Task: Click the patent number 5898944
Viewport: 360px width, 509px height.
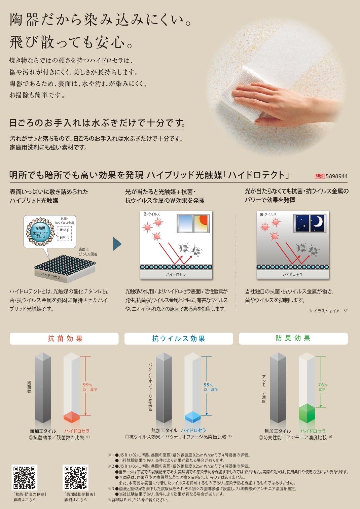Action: (336, 176)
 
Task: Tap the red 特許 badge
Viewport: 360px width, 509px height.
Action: (320, 176)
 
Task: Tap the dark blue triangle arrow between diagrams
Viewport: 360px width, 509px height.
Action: (117, 244)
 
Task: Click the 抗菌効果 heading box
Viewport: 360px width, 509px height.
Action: (64, 339)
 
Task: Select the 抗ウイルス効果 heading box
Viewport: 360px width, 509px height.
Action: (179, 339)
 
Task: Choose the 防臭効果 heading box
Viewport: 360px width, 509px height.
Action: (293, 339)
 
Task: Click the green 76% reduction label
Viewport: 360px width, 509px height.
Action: (323, 387)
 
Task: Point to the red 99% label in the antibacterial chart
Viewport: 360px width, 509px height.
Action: (90, 387)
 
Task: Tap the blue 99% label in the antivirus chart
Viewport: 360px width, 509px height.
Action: (211, 387)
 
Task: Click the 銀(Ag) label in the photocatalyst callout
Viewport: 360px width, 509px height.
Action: (65, 230)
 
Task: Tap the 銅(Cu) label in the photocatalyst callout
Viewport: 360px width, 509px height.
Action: (65, 237)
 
